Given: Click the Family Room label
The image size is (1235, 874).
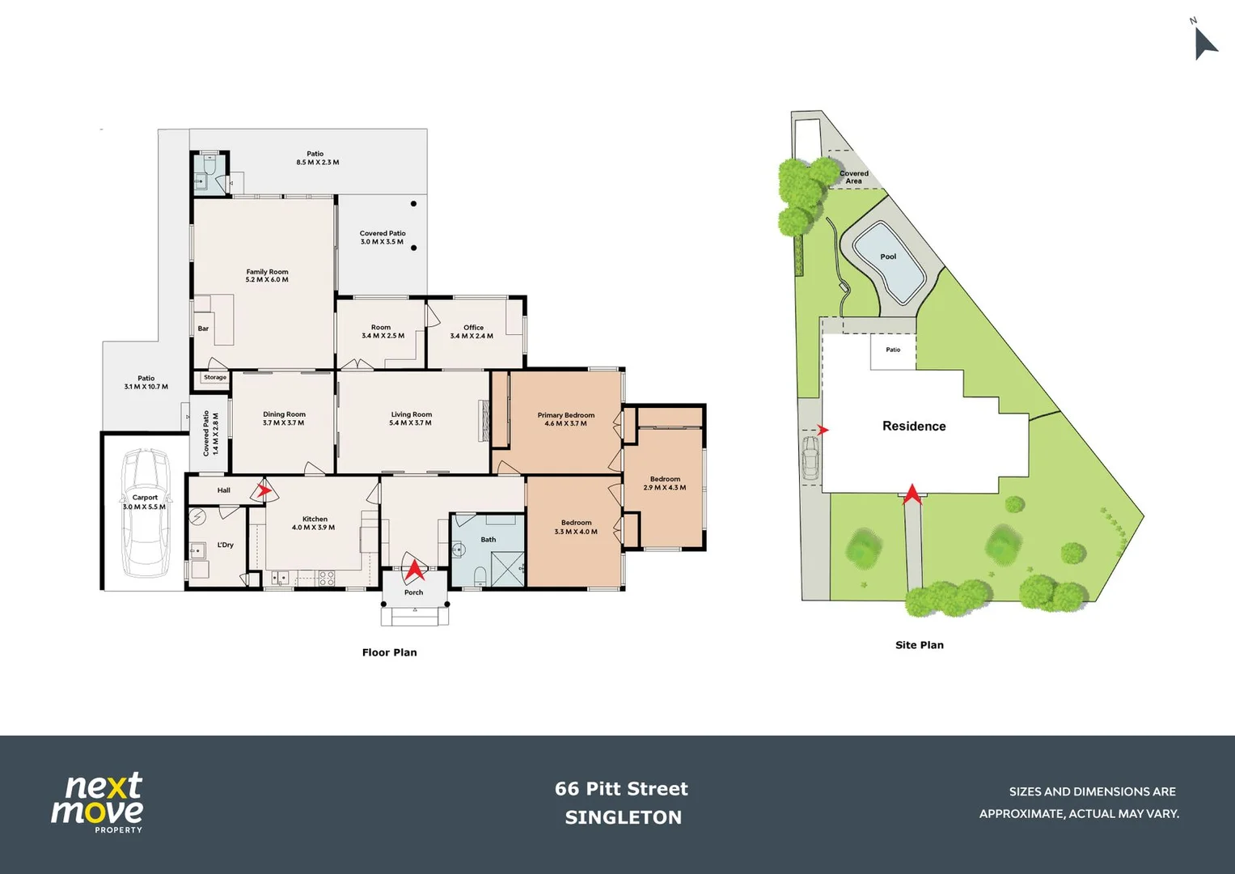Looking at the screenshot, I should [267, 273].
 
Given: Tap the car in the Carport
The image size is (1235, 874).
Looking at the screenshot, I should [146, 513].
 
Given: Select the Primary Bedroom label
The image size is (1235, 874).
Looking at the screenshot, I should [565, 415].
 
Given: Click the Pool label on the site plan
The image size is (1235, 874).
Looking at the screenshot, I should [888, 257].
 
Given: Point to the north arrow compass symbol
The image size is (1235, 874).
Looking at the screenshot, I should [1203, 42].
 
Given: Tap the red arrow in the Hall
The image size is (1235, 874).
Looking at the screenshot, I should [263, 490].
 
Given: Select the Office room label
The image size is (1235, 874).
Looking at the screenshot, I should [473, 328].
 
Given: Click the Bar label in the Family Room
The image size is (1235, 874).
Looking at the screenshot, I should [203, 329].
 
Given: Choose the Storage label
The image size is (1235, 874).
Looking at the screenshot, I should [215, 378].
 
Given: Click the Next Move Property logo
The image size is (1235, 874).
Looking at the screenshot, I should [98, 802].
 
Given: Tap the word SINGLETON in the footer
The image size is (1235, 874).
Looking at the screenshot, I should [623, 817].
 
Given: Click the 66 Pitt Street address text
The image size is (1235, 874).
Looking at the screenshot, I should [621, 789].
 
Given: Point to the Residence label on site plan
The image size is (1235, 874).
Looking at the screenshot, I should [914, 426].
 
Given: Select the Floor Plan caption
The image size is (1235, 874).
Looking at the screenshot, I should [389, 652].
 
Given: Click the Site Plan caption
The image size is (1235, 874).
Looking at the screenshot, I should [919, 645].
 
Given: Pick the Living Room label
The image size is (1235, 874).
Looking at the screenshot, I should [411, 414].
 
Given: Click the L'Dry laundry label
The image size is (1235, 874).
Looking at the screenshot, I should [226, 545].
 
